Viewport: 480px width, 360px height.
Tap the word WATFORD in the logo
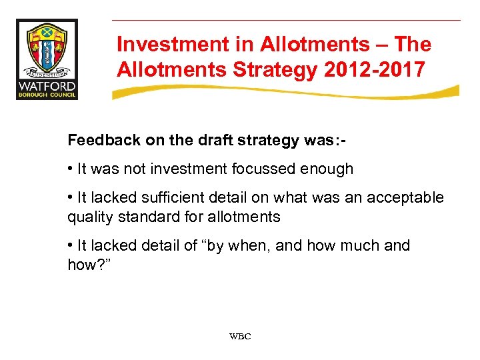pos(47,86)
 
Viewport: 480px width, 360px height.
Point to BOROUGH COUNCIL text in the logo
pos(47,95)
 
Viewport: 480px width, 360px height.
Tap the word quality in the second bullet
pos(89,217)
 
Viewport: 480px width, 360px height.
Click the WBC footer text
pos(240,337)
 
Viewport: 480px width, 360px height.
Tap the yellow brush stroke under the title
pos(287,93)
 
